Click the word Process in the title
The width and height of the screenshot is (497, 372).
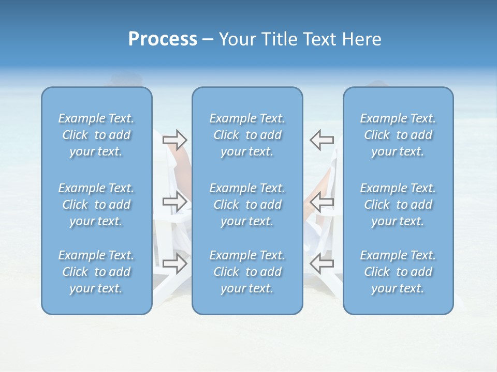[x=163, y=39]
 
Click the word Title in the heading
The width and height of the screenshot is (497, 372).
[x=275, y=39]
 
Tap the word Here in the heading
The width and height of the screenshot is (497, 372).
[x=362, y=39]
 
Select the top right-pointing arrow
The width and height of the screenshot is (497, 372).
[x=175, y=139]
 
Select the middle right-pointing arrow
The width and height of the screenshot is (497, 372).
[x=175, y=202]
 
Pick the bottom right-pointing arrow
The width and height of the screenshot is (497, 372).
[x=175, y=264]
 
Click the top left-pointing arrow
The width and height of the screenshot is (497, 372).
[x=321, y=139]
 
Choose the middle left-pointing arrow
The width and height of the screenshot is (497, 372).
[x=321, y=202]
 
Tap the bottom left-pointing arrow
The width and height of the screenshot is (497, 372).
[x=321, y=264]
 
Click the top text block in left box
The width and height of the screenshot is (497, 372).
[x=96, y=135]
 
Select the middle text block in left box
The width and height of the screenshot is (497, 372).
[x=96, y=205]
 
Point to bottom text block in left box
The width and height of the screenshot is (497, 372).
[x=96, y=272]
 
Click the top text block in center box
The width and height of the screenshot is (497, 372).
[x=247, y=135]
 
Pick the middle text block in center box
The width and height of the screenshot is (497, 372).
[x=247, y=205]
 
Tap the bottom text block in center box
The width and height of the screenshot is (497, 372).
[x=247, y=272]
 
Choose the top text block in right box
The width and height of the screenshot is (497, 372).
[x=398, y=135]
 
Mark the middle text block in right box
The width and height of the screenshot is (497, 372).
[x=398, y=205]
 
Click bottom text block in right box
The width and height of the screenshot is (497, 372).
[x=398, y=272]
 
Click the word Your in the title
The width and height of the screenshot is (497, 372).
[x=236, y=39]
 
